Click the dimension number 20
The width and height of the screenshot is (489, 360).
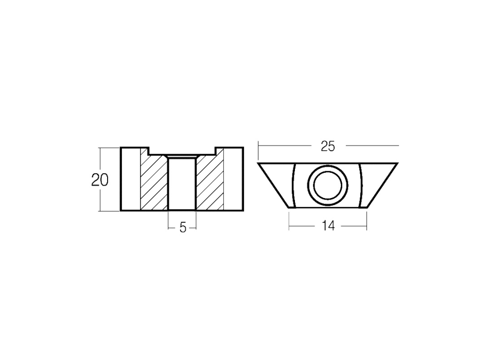(100, 180)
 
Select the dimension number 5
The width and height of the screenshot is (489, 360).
(183, 228)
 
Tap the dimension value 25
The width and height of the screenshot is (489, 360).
(328, 147)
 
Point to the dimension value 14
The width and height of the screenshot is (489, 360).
(328, 226)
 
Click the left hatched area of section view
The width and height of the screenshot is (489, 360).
(154, 184)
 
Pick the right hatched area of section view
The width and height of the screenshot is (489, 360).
(209, 184)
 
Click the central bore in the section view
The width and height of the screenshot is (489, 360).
(182, 184)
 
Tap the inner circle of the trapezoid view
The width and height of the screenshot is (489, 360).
(327, 186)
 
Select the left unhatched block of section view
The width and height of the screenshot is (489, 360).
(131, 179)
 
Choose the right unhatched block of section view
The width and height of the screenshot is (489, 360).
(234, 179)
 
